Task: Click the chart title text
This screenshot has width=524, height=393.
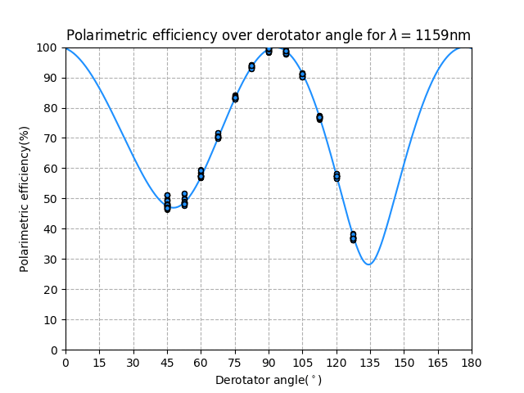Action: pos(268,35)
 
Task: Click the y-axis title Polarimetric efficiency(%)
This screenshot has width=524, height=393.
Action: pos(25,198)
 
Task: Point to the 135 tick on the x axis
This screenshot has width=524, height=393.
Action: pos(370,361)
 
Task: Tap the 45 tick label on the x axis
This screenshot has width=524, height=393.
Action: pos(167,361)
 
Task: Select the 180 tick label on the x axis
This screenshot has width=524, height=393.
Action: pos(472,361)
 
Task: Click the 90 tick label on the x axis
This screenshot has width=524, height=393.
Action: pos(269,361)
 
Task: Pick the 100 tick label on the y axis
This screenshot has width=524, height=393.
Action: pos(47,47)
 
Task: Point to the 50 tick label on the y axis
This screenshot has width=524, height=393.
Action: pos(51,199)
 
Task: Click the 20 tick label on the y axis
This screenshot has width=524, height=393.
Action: pos(51,290)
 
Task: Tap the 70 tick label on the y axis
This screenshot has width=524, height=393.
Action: pos(51,138)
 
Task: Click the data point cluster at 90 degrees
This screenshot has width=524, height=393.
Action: pos(269,50)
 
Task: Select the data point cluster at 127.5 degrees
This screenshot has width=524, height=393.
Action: pos(353,237)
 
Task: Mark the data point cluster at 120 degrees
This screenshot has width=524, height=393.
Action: pos(337,176)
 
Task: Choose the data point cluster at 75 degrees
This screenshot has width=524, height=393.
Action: pos(235,97)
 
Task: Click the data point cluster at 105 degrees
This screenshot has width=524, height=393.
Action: pos(302,75)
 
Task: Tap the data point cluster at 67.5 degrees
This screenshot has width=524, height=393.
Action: pos(218,135)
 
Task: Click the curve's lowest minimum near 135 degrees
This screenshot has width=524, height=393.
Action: pos(369,264)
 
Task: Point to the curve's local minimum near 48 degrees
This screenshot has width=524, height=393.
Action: pos(174,207)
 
